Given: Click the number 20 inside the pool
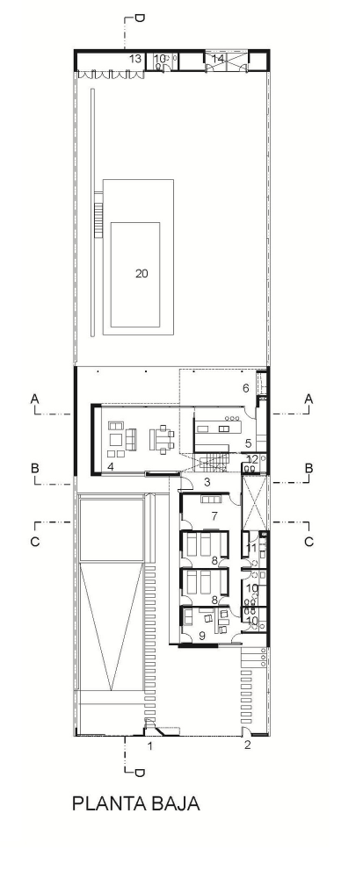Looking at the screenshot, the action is pos(142,273).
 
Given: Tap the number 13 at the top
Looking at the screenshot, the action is pos(135,58).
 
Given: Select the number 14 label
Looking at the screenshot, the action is pos(218,58).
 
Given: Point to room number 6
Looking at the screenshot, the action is pos(245,388).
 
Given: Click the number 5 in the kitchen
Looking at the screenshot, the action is pos(248,443).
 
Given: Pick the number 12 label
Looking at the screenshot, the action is pos(252,459).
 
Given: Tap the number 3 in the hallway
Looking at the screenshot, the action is pos(207,482).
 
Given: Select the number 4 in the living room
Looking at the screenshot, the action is pos(111,466).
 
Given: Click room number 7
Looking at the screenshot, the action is pos(214,516).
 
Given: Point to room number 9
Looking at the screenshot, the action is pos(202,635).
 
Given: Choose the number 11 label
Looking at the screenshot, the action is pos(251,547).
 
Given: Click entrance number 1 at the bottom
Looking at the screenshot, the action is pos(149,745).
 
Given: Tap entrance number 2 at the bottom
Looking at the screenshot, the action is pos(248,745).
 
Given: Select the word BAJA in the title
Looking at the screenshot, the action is pos(175,803).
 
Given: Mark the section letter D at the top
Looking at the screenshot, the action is pos(140,18).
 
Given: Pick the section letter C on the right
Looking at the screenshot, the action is pos(309,542).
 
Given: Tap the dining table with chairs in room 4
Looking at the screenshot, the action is pos(162,438).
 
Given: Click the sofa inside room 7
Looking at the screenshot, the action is pos(213,500).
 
